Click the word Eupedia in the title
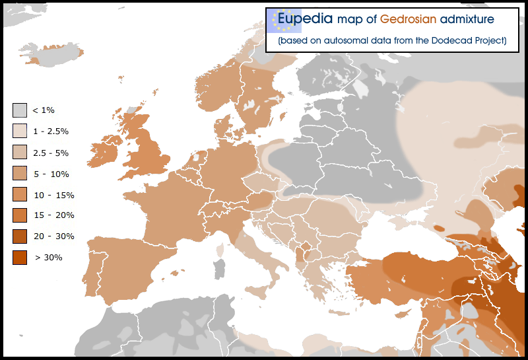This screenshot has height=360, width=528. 306,19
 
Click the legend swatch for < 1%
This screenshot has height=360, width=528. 20,110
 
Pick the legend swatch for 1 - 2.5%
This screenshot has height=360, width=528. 20,131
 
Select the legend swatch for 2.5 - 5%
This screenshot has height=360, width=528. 20,152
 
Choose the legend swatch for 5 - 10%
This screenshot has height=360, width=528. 20,173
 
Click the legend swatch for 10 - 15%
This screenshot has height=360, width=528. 20,194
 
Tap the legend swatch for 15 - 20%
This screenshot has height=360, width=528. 20,215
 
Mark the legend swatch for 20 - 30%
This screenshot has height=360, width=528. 20,236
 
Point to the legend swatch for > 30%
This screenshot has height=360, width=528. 20,257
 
